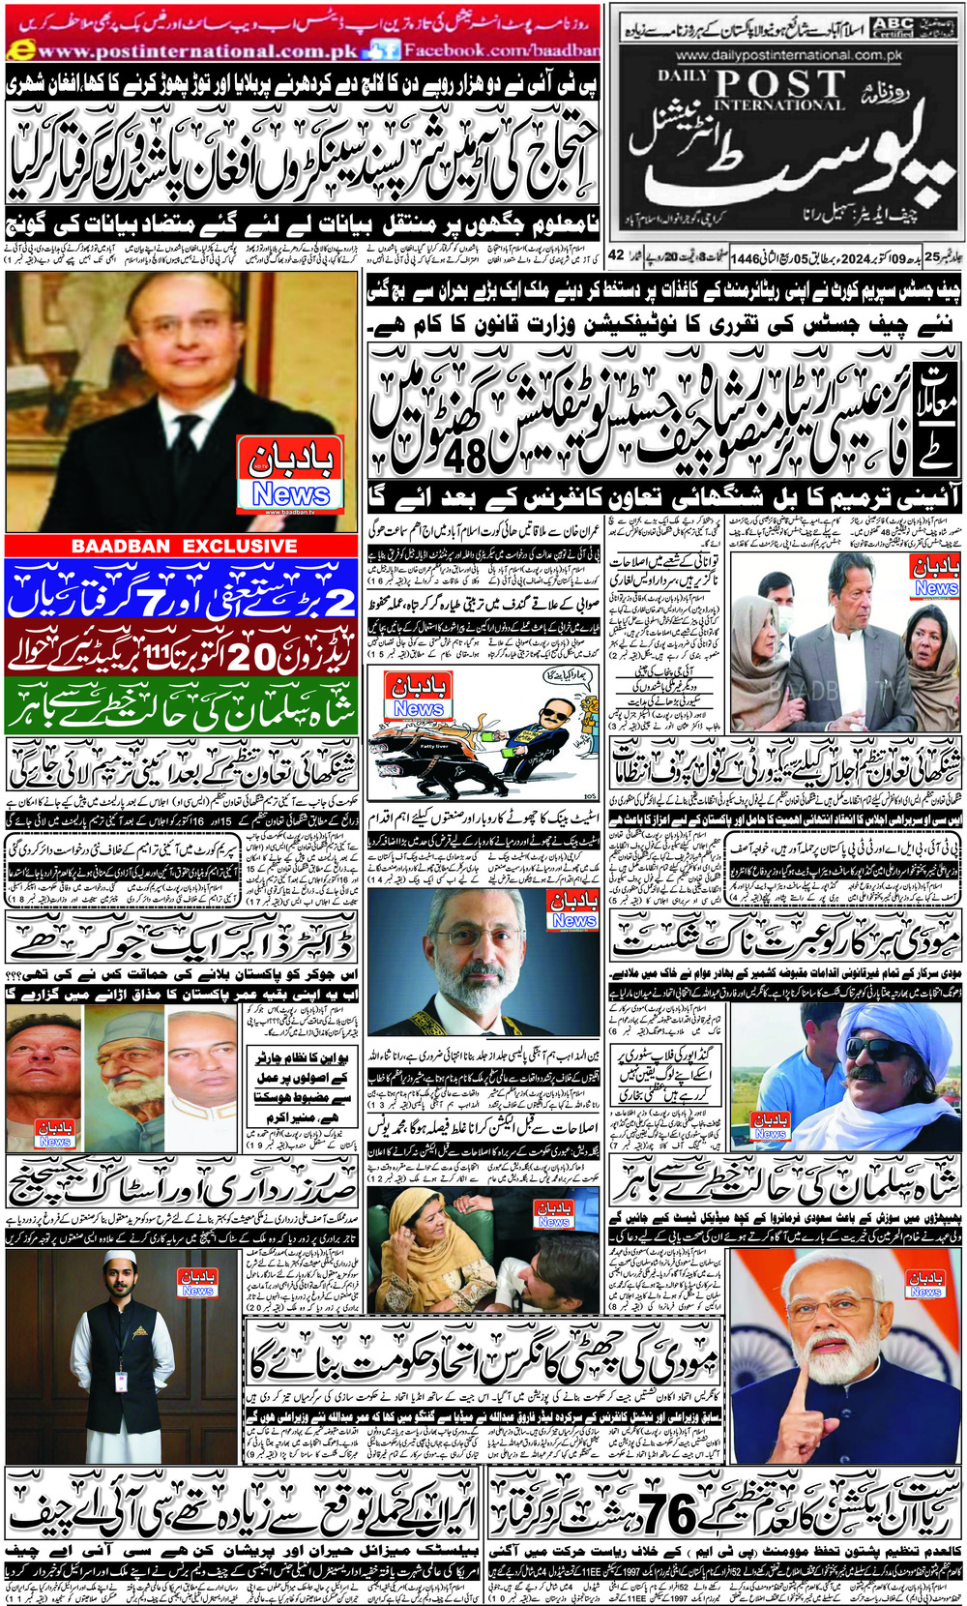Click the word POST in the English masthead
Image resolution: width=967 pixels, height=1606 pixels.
coord(779,84)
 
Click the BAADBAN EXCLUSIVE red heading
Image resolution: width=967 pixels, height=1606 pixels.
coord(184,546)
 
